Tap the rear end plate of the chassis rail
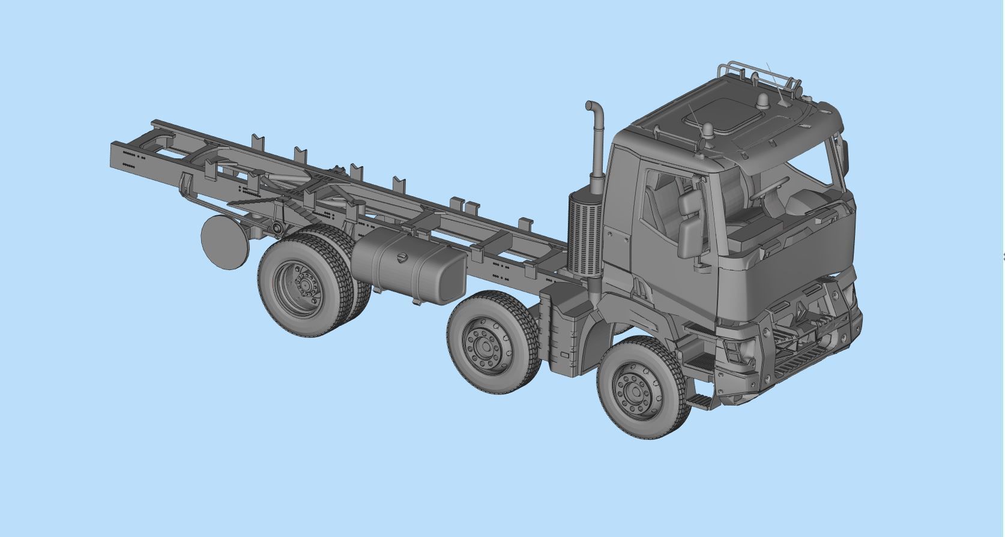pos(126,156)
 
